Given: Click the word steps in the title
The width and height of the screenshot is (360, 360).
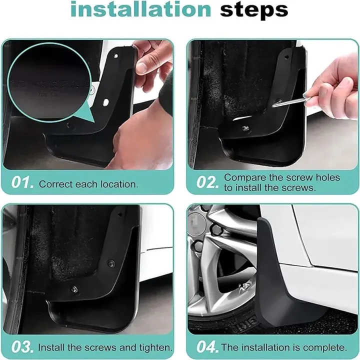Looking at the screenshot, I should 254,10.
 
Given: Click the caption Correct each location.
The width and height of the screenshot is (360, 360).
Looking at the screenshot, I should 88,184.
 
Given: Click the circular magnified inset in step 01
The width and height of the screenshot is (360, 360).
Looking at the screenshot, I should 50,80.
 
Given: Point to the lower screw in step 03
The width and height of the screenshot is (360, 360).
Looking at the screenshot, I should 74,288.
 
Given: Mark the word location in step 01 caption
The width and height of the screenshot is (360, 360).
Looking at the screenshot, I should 118,184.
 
